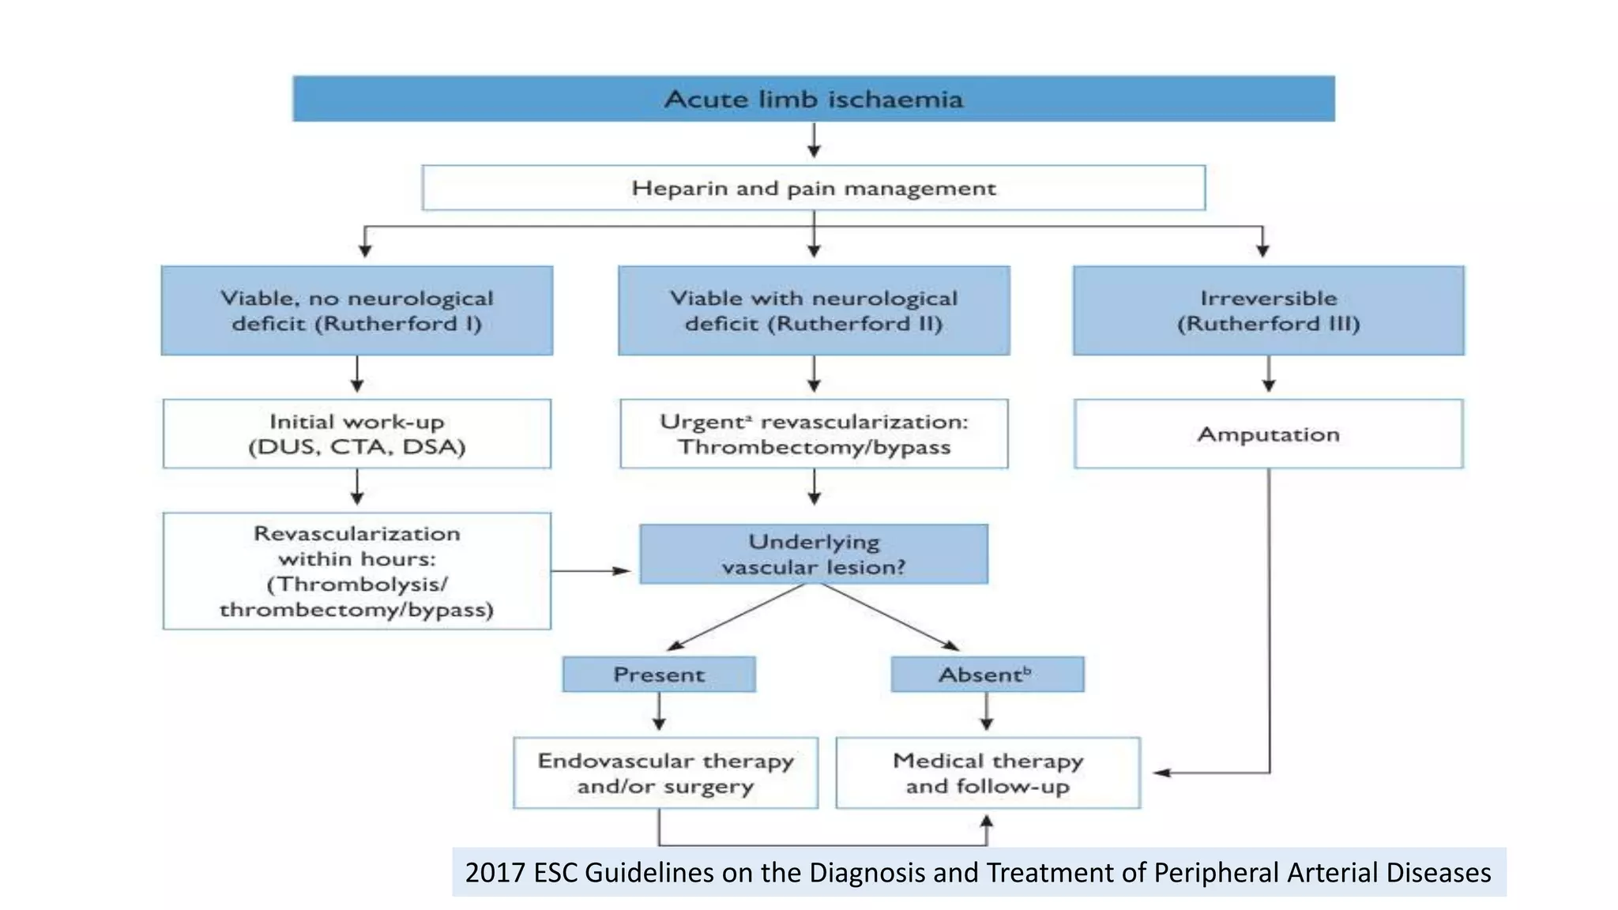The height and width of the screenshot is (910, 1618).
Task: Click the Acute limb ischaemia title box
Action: (x=814, y=99)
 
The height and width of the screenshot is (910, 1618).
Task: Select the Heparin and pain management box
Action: (x=814, y=188)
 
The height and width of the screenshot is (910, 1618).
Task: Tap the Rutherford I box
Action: (x=357, y=310)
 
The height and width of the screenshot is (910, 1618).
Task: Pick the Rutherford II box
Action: (x=814, y=310)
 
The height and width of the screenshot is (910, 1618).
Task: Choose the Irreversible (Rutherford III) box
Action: (x=1268, y=310)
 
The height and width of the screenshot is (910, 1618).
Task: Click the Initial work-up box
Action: (x=357, y=434)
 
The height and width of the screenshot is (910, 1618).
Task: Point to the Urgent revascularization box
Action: (x=814, y=434)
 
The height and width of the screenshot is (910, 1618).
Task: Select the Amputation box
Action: (x=1268, y=434)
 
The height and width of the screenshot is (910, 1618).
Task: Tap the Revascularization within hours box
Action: (x=357, y=571)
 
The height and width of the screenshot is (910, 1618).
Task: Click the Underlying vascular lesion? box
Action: (x=814, y=554)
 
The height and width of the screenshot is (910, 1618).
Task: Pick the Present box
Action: (x=659, y=675)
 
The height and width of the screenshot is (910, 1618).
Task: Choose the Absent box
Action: (x=987, y=675)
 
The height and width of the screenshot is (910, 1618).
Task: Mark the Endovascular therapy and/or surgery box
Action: (x=665, y=773)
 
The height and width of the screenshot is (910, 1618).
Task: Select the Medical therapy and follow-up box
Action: (x=988, y=773)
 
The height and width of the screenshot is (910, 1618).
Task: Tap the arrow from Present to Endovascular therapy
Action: (x=659, y=713)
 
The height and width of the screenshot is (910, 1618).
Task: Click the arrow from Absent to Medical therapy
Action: (x=987, y=713)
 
